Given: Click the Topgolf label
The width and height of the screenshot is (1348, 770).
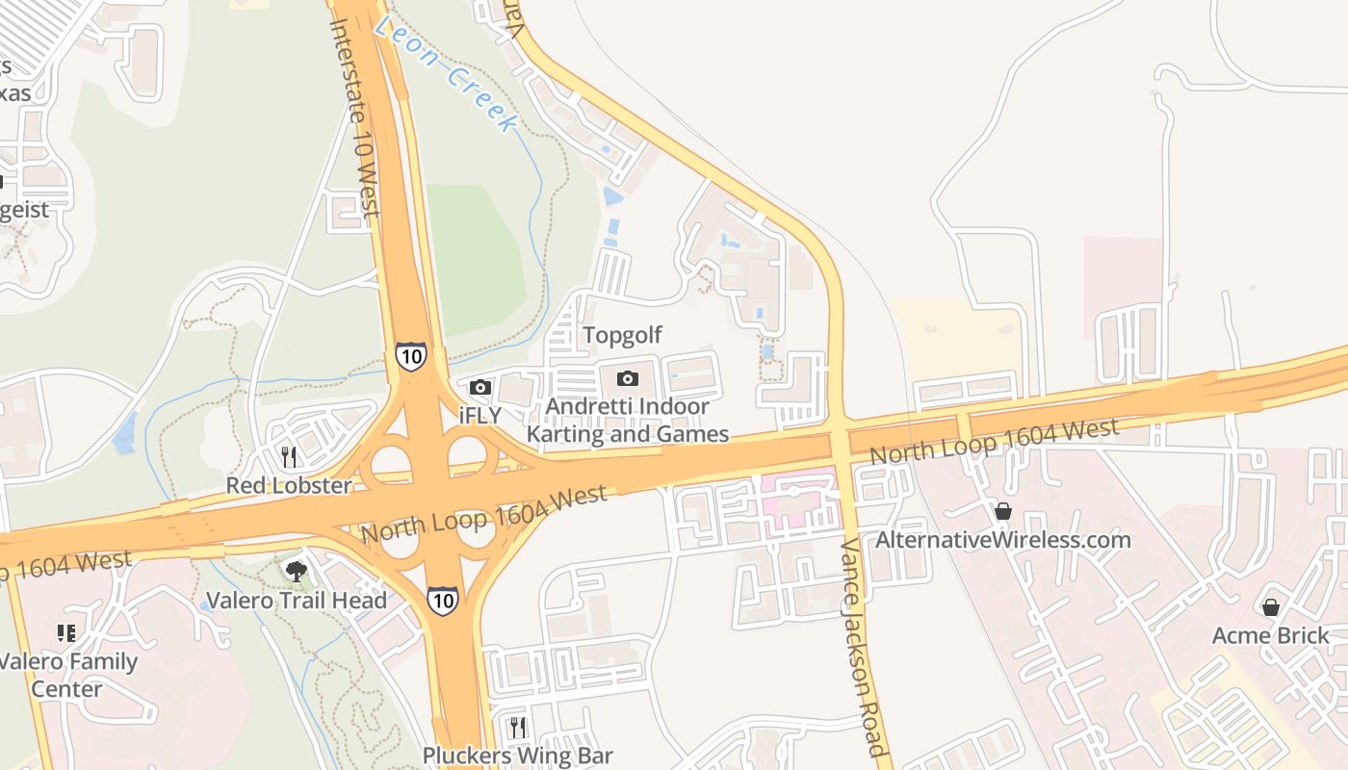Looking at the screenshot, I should tap(623, 335).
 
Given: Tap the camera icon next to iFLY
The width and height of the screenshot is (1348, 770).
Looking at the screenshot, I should tap(480, 387).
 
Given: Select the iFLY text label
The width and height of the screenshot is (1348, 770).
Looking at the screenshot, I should tap(480, 416).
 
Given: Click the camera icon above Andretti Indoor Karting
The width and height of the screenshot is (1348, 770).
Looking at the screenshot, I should tap(628, 378).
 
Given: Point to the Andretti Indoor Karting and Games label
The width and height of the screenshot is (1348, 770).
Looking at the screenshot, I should tap(628, 421).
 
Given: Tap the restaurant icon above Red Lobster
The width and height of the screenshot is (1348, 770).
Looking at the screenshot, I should tap(288, 454).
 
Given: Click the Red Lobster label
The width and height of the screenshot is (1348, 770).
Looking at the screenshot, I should tap(289, 485).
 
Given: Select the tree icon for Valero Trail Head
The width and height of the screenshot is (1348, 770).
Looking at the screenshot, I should tap(297, 572).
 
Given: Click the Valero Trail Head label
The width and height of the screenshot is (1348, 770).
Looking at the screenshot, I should tap(297, 601).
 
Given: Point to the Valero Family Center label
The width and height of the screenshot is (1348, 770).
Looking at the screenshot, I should tap(67, 675).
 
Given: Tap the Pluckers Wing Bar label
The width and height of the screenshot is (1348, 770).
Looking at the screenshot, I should tap(518, 756).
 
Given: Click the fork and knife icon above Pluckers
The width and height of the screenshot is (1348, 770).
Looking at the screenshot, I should tap(518, 727).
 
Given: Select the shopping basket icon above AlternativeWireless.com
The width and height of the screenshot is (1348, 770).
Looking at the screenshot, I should tap(1003, 510).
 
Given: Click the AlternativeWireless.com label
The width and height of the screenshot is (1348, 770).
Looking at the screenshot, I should tap(1003, 539).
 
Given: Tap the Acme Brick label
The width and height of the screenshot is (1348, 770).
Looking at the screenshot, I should tap(1271, 635).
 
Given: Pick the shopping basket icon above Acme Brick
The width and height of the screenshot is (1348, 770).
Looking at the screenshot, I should tap(1271, 606).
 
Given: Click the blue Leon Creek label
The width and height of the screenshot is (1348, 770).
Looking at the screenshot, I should tap(447, 73).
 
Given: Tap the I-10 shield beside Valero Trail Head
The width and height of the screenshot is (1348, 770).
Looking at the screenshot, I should tap(442, 600).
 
